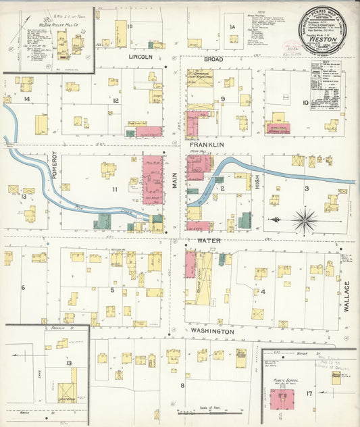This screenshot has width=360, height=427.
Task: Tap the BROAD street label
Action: pyautogui.click(x=213, y=59)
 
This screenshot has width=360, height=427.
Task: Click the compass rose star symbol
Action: pyautogui.click(x=305, y=219)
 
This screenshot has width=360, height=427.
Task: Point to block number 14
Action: pyautogui.click(x=27, y=99)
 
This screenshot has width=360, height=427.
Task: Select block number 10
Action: pyautogui.click(x=305, y=103)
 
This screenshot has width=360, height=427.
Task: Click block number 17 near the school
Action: pyautogui.click(x=309, y=393)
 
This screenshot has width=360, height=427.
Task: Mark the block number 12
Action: pyautogui.click(x=115, y=101)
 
